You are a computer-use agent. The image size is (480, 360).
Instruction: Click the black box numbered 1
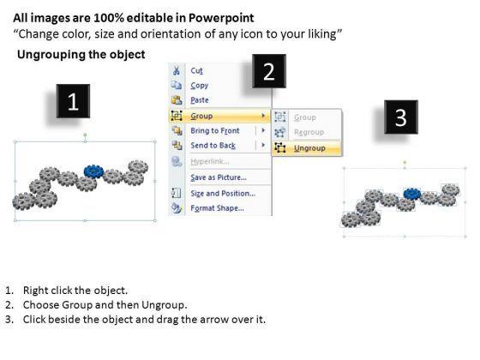tap(73, 101)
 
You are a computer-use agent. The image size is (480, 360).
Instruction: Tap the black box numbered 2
tap(269, 71)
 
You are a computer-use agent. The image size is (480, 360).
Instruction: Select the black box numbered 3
tap(401, 117)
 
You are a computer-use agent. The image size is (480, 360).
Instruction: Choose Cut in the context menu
tap(196, 70)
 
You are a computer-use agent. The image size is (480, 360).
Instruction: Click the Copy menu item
tap(199, 86)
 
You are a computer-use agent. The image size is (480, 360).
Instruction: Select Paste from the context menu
tap(200, 100)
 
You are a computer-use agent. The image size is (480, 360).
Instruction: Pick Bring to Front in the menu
tap(215, 130)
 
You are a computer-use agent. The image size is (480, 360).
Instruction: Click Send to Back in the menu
tap(213, 146)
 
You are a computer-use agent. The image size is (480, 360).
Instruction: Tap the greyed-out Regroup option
tap(309, 132)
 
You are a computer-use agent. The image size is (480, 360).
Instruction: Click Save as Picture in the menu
tap(219, 177)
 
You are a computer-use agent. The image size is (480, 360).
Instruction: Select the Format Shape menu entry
tap(218, 208)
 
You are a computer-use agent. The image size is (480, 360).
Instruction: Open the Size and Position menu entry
tap(223, 194)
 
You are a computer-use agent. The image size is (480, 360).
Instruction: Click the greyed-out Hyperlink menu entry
tap(210, 161)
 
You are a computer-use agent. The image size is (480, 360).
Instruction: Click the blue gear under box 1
tap(93, 171)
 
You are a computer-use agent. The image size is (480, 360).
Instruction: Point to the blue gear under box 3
tap(412, 194)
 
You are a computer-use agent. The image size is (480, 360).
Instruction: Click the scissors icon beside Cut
tap(177, 70)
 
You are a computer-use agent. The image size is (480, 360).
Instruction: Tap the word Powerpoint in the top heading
tap(221, 18)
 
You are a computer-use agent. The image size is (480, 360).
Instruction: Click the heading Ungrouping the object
tap(81, 55)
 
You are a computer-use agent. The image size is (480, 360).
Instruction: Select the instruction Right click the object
tap(75, 291)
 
